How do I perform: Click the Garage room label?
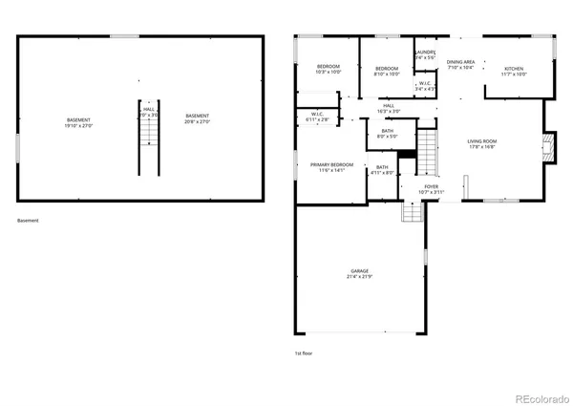360,274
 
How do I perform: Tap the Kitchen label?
515,71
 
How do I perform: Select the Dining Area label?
461,64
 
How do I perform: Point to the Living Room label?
482,143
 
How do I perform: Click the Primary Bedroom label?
331,167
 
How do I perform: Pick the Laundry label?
426,54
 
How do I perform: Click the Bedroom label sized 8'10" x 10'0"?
387,71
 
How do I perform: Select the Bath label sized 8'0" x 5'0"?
387,134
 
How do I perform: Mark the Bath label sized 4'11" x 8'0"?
382,169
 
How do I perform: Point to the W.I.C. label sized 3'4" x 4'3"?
425,86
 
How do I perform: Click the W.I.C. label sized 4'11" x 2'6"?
317,118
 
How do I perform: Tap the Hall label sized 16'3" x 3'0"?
389,108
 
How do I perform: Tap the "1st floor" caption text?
303,353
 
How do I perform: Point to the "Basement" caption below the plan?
29,221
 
